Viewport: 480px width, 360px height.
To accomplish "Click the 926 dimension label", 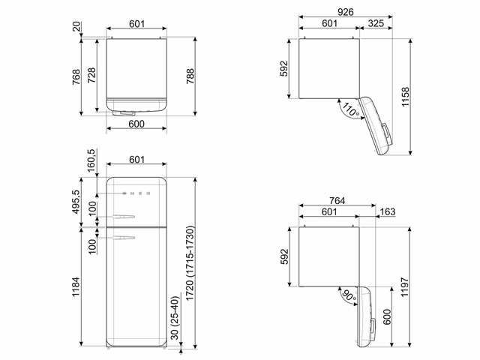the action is pos(346,12).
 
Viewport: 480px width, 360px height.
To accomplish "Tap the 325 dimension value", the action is pos(376,23).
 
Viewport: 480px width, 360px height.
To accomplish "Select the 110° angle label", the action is pos(350,109).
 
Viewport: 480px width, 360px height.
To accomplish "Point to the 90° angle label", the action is pos(349,295).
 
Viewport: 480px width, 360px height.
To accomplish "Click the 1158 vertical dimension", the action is pos(405,97).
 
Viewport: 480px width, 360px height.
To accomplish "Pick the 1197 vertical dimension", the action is pos(405,287).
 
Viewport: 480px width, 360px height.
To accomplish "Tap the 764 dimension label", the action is pos(337,200).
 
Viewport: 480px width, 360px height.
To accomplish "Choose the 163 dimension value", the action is pos(388,211).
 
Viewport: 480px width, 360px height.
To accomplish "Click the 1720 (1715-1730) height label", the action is pos(190,262).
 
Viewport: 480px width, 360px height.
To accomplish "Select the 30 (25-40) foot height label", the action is pos(175,317).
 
